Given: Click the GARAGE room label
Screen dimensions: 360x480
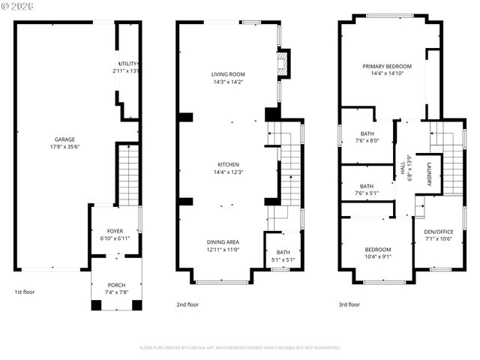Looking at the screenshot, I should click(x=64, y=139).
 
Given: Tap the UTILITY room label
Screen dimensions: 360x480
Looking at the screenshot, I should click(x=127, y=64).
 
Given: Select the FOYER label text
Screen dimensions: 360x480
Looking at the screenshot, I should click(x=115, y=231).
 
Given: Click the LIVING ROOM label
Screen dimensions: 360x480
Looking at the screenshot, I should click(x=228, y=74).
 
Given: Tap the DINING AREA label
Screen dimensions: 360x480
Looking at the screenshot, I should click(x=223, y=241).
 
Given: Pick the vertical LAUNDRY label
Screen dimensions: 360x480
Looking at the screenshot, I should click(x=430, y=174).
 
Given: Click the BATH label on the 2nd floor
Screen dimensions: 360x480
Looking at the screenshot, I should click(x=283, y=252).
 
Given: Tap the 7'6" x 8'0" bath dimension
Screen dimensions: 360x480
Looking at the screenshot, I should click(x=366, y=140).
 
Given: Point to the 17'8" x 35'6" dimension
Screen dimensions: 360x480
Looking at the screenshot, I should click(x=64, y=147).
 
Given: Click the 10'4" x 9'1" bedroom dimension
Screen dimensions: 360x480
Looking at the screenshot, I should click(x=378, y=257).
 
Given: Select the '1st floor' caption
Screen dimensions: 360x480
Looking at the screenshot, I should click(x=24, y=292).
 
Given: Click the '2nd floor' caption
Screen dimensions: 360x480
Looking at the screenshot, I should click(x=187, y=304).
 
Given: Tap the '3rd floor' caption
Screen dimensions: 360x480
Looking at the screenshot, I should click(x=349, y=304).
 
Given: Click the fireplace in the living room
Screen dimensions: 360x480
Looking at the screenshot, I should click(x=283, y=63).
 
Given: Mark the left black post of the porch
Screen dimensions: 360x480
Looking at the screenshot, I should click(x=96, y=304).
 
